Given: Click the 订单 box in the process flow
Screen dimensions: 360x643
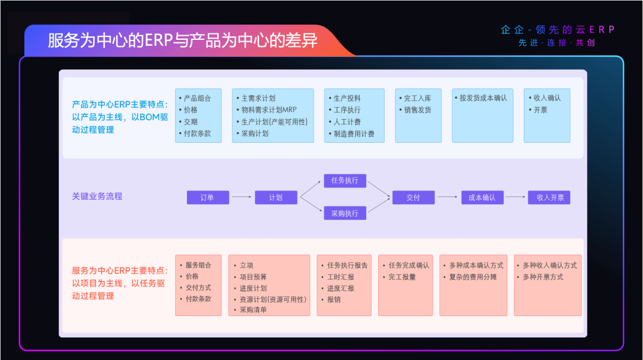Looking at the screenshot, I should (208, 198).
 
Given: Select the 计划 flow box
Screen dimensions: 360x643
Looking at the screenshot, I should (276, 198).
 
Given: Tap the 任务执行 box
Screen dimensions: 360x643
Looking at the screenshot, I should (345, 180).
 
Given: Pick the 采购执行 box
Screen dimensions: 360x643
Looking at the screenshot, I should (345, 213).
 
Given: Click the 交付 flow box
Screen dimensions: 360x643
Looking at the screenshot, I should (413, 198).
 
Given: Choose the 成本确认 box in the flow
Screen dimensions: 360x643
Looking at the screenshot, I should (482, 198).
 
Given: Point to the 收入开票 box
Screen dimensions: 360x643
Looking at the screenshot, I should (549, 198).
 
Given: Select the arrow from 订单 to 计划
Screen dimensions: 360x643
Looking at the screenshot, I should (242, 197).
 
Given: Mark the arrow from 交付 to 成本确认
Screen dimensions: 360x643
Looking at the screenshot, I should (447, 197).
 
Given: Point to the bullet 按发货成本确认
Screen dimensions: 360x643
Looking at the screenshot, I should (483, 98).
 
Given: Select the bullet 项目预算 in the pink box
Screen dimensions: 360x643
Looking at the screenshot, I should (253, 277).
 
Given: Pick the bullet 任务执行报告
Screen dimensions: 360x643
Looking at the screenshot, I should (347, 265).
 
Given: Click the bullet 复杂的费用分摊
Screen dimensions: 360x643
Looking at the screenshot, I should (473, 277).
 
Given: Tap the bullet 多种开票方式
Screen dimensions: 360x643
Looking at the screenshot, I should (542, 277).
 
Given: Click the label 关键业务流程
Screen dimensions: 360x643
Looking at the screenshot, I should (97, 196).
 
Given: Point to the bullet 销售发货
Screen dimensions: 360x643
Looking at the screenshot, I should (417, 110).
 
